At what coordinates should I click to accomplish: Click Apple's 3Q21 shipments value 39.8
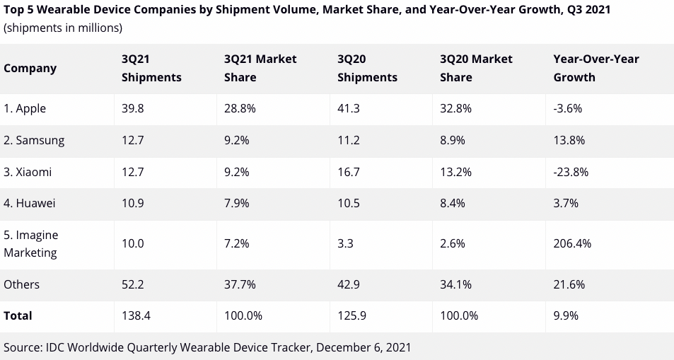[133, 108]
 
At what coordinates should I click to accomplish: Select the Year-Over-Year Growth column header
[595, 68]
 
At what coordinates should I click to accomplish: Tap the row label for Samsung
[34, 140]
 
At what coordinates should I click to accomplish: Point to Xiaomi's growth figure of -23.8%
[571, 172]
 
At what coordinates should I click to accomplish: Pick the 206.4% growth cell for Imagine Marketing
[572, 243]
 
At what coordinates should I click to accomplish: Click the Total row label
[18, 315]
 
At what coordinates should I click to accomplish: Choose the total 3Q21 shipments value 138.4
[136, 315]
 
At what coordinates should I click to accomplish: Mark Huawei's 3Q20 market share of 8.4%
[452, 203]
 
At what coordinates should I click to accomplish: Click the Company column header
[30, 68]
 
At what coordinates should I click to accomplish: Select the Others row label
[21, 284]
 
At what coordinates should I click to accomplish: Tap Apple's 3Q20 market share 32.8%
[455, 108]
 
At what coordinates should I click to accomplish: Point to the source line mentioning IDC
[207, 347]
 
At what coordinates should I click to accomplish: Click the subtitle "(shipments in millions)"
[63, 28]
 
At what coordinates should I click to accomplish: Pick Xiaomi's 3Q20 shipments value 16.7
[349, 172]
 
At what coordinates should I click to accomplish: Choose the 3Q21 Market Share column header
[260, 68]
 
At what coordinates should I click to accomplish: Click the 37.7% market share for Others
[240, 284]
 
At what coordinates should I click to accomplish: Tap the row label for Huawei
[30, 203]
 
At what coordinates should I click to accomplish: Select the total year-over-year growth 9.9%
[566, 315]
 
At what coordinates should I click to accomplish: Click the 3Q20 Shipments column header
[367, 68]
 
